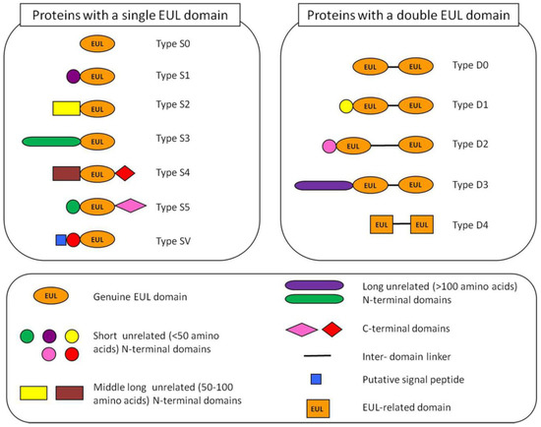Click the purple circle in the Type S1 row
tap(73, 75)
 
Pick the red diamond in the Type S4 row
tap(124, 173)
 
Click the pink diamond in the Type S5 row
tap(131, 207)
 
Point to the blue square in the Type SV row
tap(61, 239)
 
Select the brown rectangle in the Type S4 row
tap(66, 173)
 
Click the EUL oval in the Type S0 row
tap(96, 44)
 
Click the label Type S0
tap(180, 44)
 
